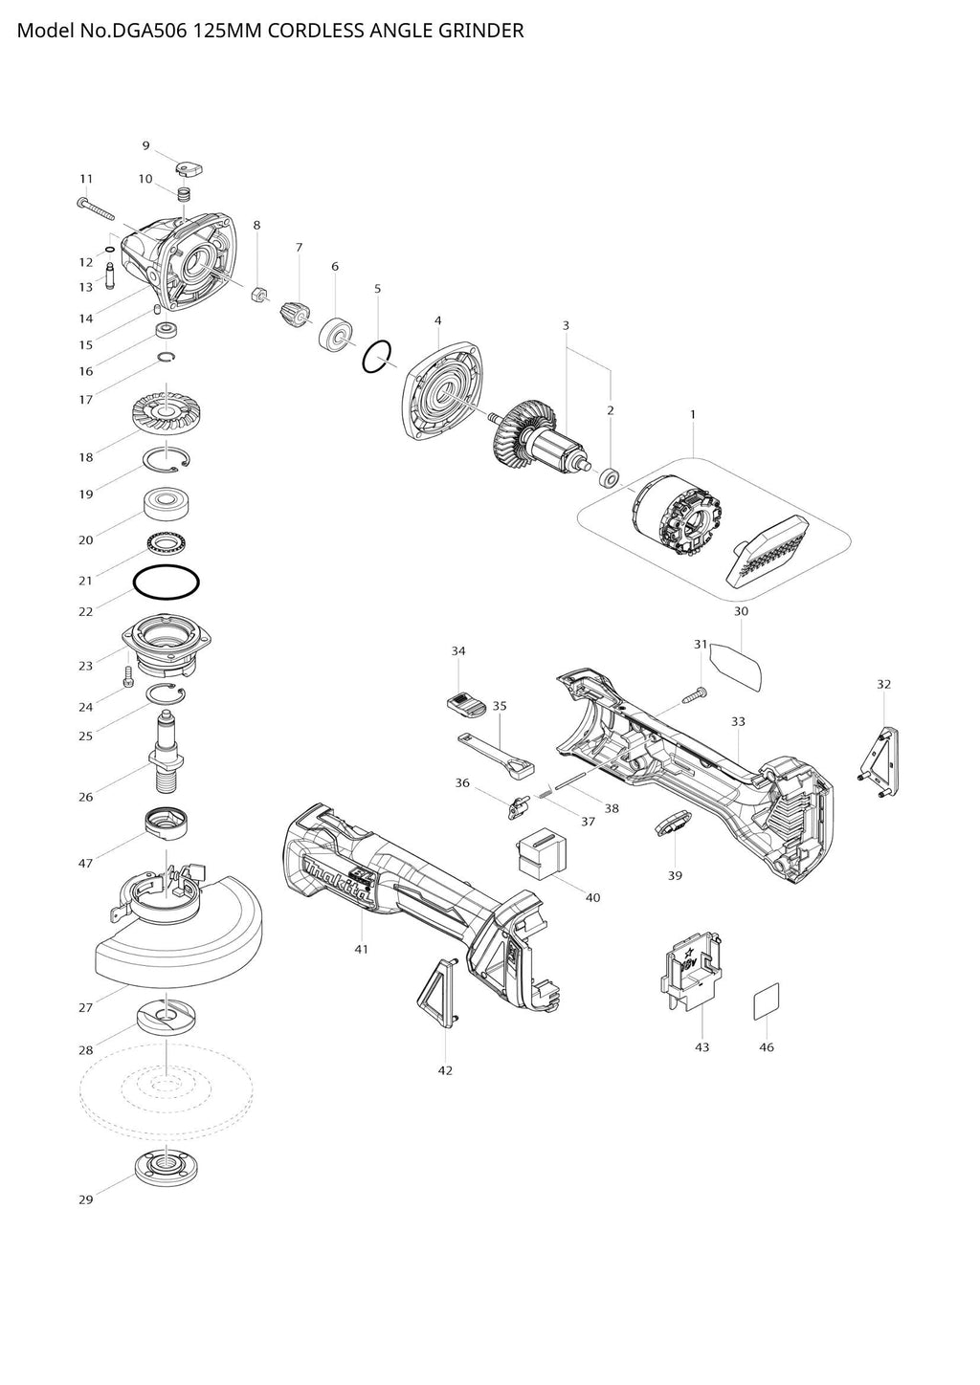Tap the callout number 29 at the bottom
pyautogui.click(x=86, y=1199)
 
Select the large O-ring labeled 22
pyautogui.click(x=165, y=581)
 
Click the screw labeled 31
pyautogui.click(x=695, y=694)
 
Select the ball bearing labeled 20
pyautogui.click(x=165, y=503)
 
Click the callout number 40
pyautogui.click(x=592, y=897)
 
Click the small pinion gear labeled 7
pyautogui.click(x=296, y=312)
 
